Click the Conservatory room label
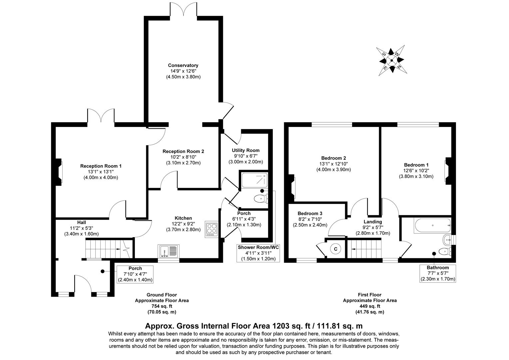click(183, 65)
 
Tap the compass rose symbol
click(392, 60)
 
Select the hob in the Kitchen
click(211, 229)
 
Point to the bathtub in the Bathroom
click(432, 226)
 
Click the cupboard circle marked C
click(336, 249)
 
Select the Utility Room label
click(246, 150)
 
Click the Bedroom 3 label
click(310, 213)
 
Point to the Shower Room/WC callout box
click(258, 253)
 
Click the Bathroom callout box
click(438, 273)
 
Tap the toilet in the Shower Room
click(260, 199)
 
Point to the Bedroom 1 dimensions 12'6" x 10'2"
click(416, 171)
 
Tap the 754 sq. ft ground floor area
click(162, 306)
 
